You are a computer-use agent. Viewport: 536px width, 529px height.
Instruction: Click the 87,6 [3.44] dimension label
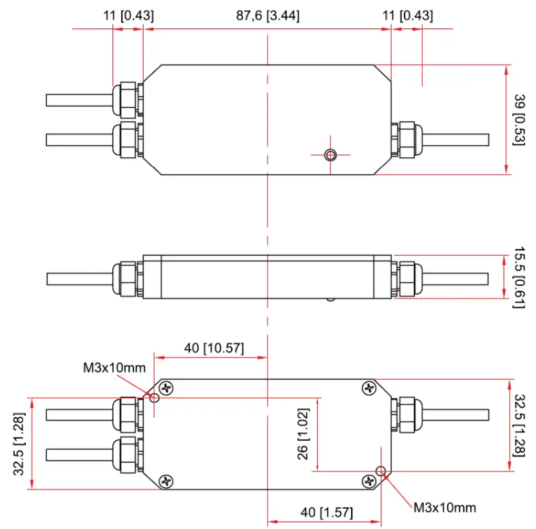coord(268,16)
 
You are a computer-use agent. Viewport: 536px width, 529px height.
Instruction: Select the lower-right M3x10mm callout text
coord(445,507)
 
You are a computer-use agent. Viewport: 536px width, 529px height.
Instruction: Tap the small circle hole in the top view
coord(330,155)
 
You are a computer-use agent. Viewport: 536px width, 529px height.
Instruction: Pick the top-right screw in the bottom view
coord(369,388)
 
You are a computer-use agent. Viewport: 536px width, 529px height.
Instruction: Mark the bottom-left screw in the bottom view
coord(166,481)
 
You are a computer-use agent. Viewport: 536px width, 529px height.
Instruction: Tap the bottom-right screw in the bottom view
coord(369,481)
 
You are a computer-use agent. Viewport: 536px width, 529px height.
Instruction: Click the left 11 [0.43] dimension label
coord(129,16)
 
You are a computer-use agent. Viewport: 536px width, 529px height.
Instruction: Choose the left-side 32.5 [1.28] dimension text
coord(22,444)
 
